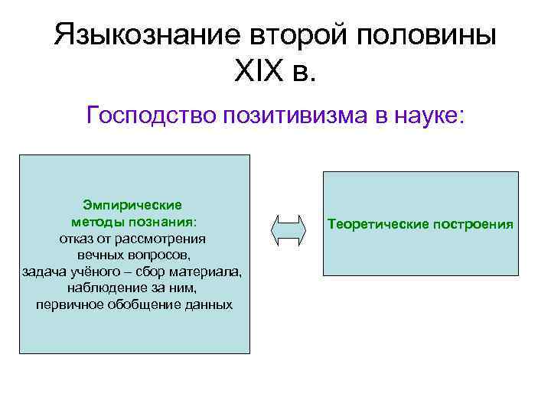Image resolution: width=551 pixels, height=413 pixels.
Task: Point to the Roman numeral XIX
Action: click(x=254, y=74)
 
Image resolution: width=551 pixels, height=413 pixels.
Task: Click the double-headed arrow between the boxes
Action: click(x=289, y=229)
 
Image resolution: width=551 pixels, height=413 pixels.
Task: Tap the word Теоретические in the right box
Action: click(x=369, y=225)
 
